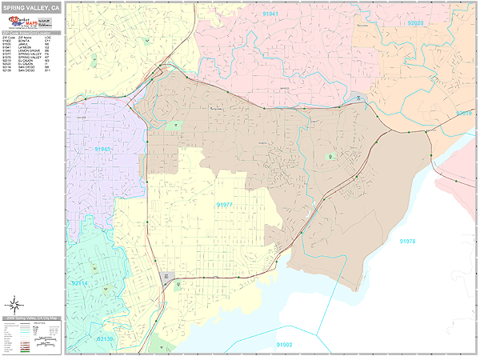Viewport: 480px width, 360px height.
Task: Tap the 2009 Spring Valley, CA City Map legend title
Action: pyautogui.click(x=32, y=318)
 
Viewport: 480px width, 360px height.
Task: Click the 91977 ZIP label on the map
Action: pyautogui.click(x=225, y=205)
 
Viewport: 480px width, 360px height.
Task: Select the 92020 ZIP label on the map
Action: pyautogui.click(x=415, y=23)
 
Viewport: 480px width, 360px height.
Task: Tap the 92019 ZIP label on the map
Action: pyautogui.click(x=464, y=114)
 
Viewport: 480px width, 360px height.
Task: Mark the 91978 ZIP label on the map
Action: pyautogui.click(x=408, y=241)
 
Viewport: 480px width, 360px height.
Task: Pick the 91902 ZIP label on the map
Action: pyautogui.click(x=285, y=344)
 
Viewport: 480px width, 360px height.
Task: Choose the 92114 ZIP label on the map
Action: pyautogui.click(x=79, y=283)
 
